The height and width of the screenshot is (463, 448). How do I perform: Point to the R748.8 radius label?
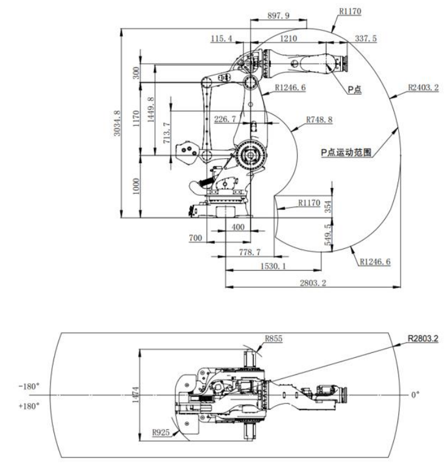point(319,120)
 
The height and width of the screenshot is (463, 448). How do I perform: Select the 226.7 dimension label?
point(225,119)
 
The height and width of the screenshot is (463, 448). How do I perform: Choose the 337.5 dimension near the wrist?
point(365,39)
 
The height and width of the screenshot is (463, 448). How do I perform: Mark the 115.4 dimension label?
point(223,39)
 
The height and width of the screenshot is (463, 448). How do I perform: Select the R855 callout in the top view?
point(274,338)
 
